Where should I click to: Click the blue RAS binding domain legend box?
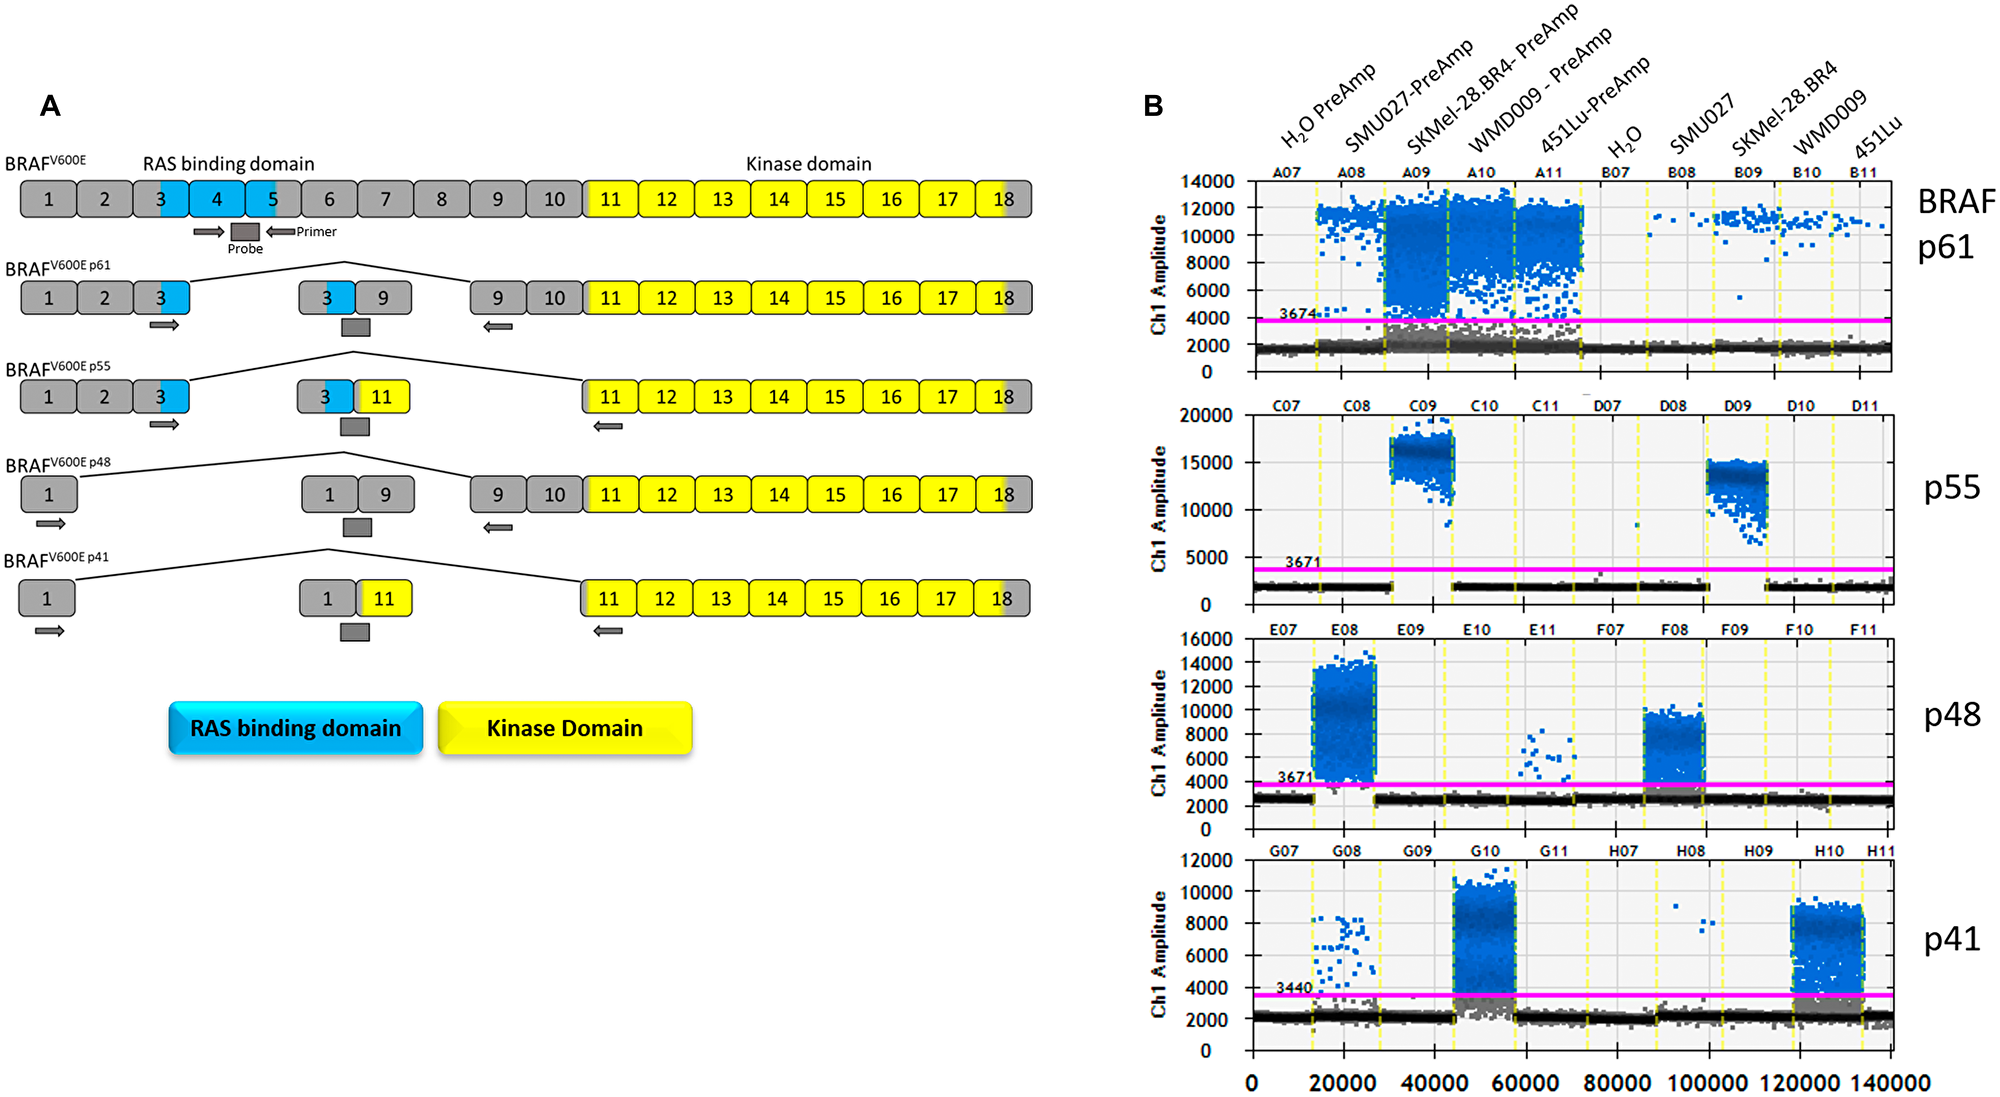pos(295,728)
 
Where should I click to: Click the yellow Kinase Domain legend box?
pos(564,728)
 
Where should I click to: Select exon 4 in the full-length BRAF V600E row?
pos(217,199)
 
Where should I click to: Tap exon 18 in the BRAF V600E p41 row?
pos(1002,599)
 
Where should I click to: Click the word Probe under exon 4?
pos(245,249)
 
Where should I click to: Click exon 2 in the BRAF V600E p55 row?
pos(104,397)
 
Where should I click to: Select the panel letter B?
pos(1153,106)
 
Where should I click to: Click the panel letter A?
pos(50,106)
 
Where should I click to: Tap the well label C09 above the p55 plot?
pos(1422,406)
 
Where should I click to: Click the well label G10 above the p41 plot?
pos(1484,851)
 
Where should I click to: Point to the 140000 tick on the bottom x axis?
pos(1889,1083)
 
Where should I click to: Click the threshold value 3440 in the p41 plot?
pos(1293,987)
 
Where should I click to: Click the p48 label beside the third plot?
pos(1951,715)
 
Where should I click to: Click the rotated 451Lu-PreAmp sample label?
pos(1594,105)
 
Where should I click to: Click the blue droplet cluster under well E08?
pos(1344,720)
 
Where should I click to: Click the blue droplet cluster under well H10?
pos(1827,945)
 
